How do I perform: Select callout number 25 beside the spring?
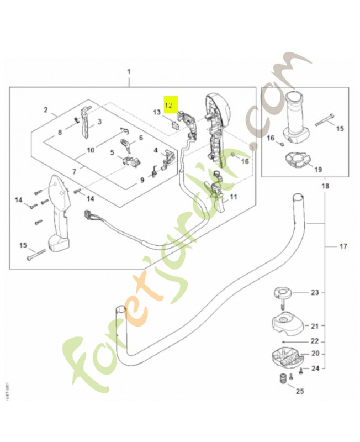click(300, 392)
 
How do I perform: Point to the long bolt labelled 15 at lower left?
click(34, 256)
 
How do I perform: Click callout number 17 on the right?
click(343, 245)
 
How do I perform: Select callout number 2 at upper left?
click(46, 110)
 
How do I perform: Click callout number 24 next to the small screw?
click(315, 368)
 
